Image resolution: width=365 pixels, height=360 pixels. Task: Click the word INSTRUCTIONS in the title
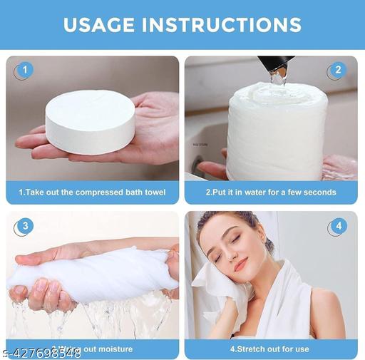(230, 24)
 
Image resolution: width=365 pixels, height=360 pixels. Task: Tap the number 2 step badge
(338, 70)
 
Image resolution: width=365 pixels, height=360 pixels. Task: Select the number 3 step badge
(25, 227)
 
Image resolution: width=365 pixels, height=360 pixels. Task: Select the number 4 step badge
(338, 227)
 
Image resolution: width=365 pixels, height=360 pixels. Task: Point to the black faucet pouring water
(274, 66)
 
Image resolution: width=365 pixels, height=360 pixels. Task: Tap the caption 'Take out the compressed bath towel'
(92, 192)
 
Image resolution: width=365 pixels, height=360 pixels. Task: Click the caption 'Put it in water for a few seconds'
(271, 192)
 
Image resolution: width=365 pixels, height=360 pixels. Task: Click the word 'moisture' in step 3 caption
(114, 349)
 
